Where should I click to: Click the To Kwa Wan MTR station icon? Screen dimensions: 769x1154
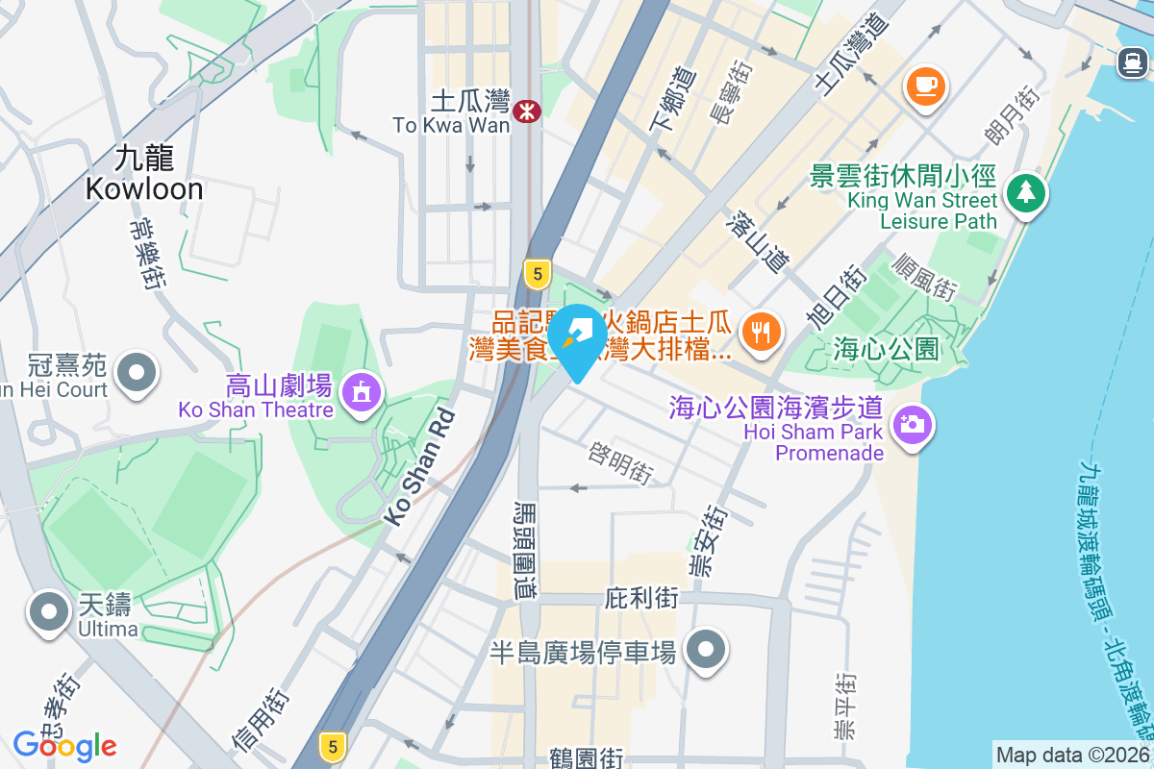[x=526, y=111]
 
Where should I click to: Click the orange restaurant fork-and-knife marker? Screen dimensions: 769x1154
[x=762, y=333]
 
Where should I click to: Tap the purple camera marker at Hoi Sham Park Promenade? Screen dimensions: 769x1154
[x=913, y=424]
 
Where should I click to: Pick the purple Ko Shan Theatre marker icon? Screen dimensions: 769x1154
[x=361, y=391]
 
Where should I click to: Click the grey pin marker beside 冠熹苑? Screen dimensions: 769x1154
[x=136, y=371]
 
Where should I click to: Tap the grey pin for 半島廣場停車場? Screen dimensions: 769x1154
[x=706, y=650]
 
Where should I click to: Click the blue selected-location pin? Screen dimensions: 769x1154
[x=578, y=341]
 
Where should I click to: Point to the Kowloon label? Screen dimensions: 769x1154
[x=144, y=173]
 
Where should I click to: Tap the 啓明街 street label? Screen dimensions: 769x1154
[x=621, y=462]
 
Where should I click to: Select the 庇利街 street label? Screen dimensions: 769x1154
[x=641, y=598]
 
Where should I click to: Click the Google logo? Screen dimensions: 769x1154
[x=64, y=745]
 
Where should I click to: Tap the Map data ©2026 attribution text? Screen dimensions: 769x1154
[x=1072, y=756]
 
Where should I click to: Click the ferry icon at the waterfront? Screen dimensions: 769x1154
[x=1131, y=63]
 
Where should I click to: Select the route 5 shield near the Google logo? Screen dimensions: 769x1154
[x=332, y=746]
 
